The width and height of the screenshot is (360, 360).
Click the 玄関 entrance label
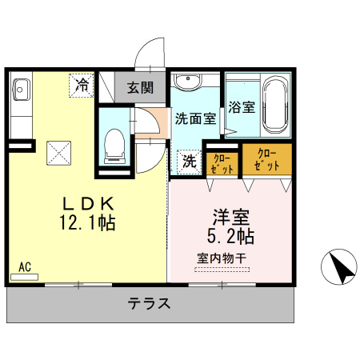(140, 88)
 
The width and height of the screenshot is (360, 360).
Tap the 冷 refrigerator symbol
(82, 83)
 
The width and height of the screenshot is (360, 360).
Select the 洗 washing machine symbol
(189, 161)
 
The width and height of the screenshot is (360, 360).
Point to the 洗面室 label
(195, 118)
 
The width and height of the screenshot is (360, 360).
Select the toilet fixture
(114, 145)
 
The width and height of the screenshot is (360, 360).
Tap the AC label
(25, 266)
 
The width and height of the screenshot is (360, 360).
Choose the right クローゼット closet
(268, 159)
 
